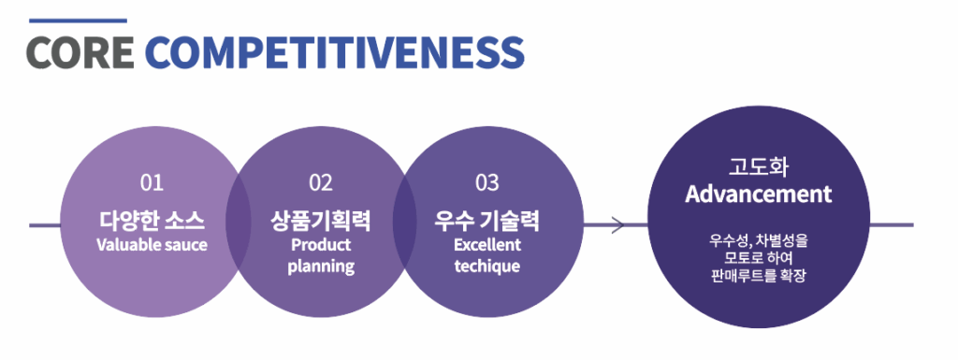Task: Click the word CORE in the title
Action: coord(80,52)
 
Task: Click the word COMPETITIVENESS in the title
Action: coord(335,52)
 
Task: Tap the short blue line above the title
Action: coord(78,21)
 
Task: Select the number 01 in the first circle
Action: coord(152,183)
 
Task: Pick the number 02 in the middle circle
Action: coord(320,183)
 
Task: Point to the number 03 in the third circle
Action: coord(486,183)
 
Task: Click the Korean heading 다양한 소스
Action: coord(152,221)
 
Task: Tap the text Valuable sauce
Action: coord(152,245)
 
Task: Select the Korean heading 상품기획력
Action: coord(320,221)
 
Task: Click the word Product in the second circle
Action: coord(321,245)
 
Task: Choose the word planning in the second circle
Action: coord(321,266)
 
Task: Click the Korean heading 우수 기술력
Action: coord(486,221)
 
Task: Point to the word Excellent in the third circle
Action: coord(487,245)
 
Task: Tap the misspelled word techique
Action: coord(487,266)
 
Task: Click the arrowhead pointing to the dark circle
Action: coord(617,225)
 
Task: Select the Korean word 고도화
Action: coord(758,169)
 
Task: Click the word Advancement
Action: coord(758,194)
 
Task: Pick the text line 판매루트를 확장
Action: coord(758,276)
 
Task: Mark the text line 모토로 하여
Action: coord(758,258)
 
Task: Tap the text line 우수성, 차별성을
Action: coord(758,240)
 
